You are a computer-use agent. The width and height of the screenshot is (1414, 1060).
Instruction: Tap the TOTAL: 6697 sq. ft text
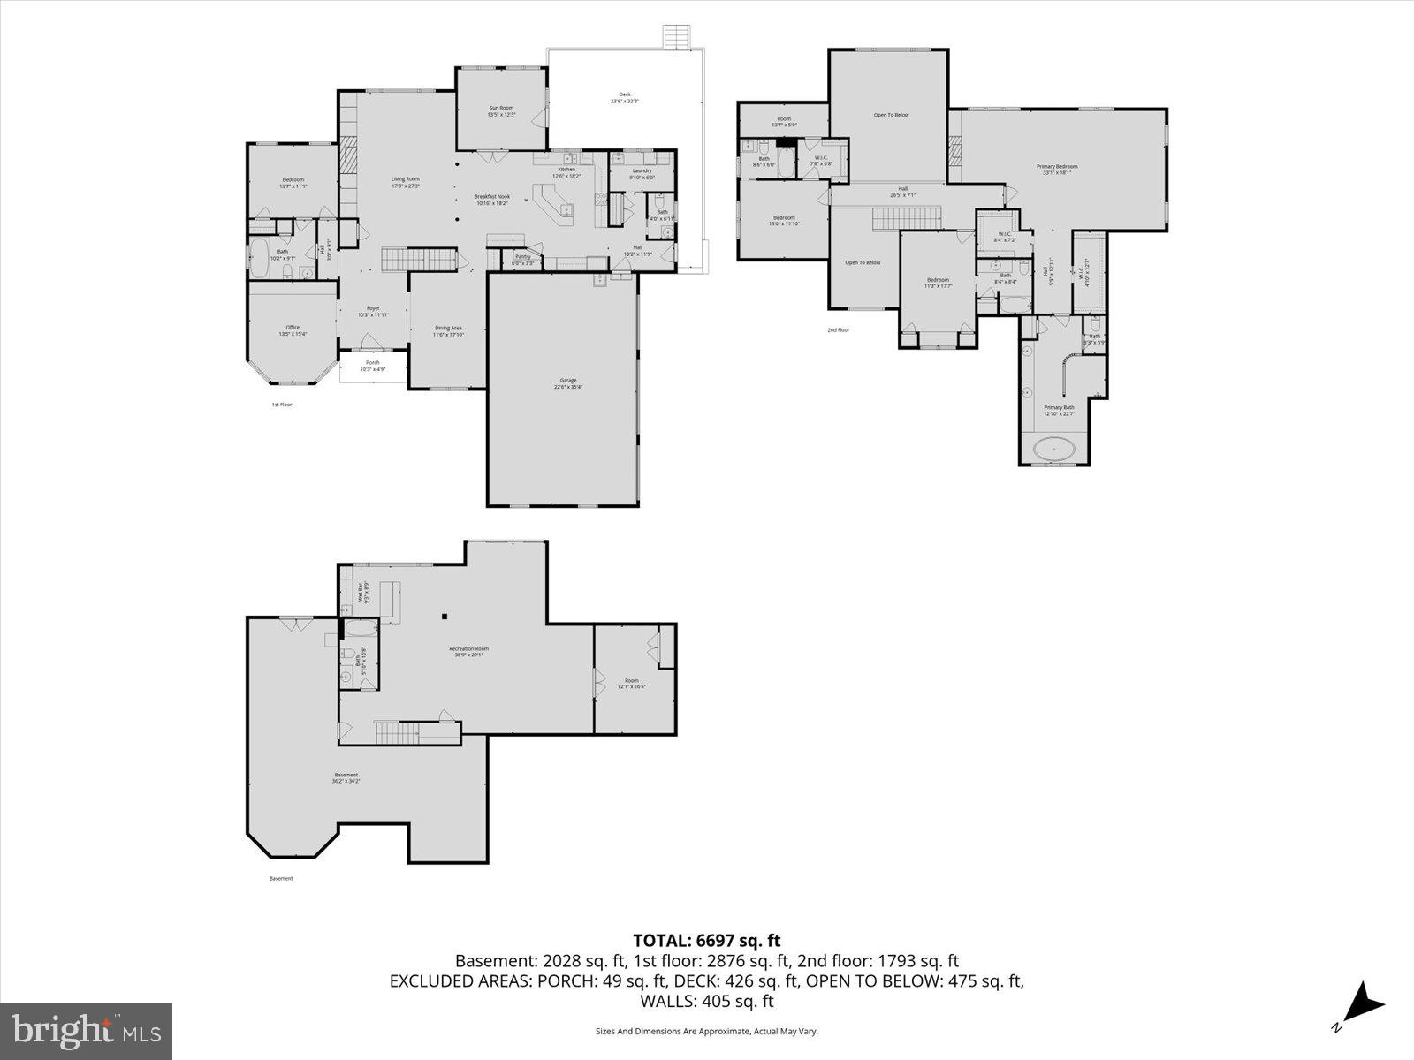tap(706, 941)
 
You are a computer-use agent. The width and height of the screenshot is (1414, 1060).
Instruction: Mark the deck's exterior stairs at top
tap(675, 38)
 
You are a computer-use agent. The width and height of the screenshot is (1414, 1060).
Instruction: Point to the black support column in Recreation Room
tap(445, 617)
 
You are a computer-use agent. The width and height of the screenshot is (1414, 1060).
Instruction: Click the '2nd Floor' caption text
tap(838, 330)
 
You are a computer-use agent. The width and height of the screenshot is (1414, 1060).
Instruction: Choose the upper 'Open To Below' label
tap(891, 115)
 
